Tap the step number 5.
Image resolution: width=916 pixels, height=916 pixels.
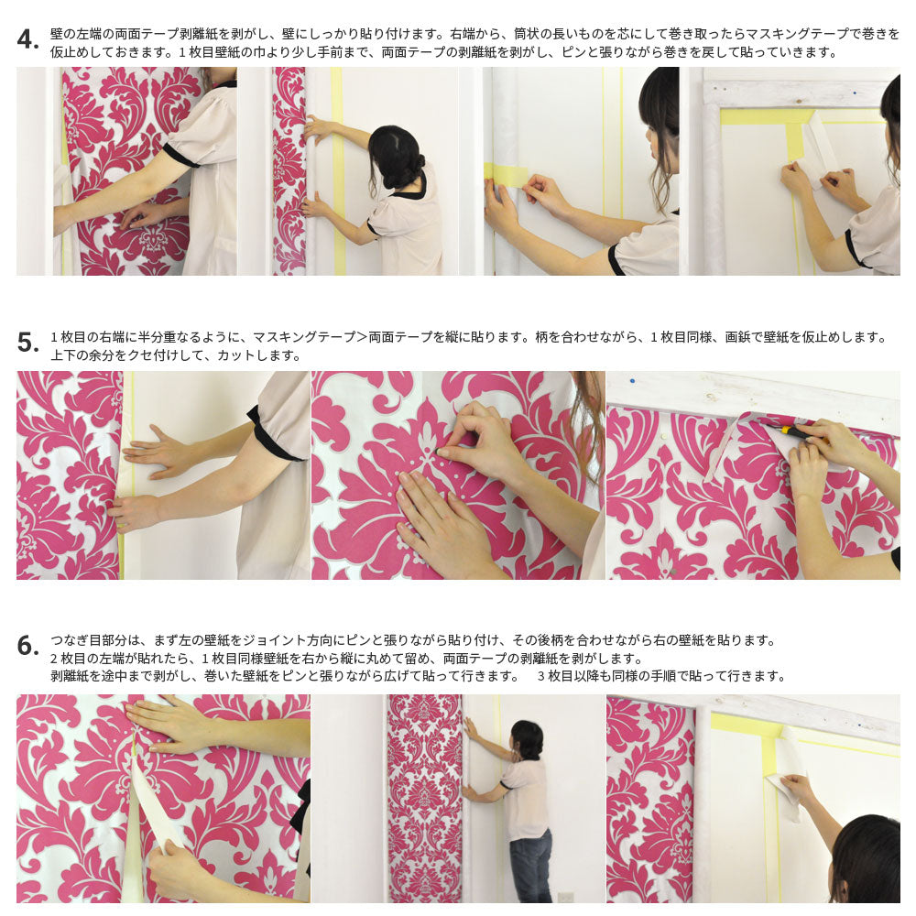27,343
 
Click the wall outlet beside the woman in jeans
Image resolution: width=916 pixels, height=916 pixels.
565,897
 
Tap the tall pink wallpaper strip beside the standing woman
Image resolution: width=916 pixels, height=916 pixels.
423,797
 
